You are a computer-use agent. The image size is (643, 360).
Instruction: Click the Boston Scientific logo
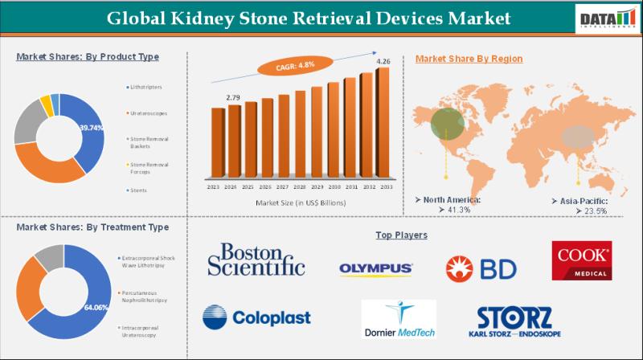click(x=256, y=260)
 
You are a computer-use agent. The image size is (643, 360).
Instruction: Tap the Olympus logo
click(x=376, y=268)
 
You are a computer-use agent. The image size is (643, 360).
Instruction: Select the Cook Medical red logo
click(x=581, y=260)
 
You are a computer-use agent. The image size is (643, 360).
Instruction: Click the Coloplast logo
click(x=256, y=317)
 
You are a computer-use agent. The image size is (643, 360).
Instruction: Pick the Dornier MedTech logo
click(x=399, y=319)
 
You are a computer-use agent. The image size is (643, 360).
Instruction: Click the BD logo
click(x=481, y=268)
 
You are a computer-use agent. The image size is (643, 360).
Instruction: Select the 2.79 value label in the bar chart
click(x=232, y=97)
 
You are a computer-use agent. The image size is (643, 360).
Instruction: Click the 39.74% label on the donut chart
click(x=91, y=128)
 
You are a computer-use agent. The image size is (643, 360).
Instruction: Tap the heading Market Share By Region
click(x=469, y=59)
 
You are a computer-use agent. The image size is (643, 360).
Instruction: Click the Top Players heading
click(x=401, y=235)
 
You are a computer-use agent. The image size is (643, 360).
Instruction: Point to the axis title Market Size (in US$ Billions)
click(x=301, y=203)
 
